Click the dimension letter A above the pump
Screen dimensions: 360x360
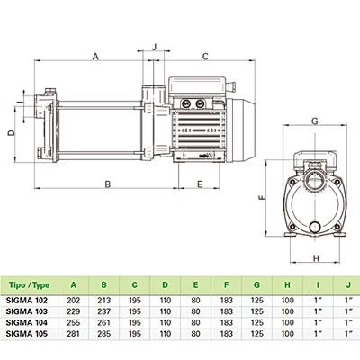95,57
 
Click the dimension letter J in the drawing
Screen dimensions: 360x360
155,47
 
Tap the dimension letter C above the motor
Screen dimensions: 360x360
205,57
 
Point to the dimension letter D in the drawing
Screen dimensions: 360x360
11,133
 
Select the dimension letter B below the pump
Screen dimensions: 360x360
108,184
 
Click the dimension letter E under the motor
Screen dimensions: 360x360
200,184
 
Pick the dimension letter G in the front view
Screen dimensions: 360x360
315,121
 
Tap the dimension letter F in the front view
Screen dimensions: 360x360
262,198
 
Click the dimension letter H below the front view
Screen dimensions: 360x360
316,258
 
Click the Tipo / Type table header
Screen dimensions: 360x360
29,284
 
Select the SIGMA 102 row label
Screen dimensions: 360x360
27,300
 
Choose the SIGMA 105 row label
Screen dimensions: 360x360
27,333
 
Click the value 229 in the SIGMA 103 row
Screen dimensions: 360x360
74,311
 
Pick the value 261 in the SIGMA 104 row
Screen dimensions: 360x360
104,322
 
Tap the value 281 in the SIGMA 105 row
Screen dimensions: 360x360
74,333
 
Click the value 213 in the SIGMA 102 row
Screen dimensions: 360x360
104,300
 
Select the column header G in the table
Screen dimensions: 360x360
256,284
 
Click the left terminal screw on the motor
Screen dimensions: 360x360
184,103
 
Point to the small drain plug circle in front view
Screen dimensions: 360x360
315,227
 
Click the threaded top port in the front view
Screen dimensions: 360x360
315,180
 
